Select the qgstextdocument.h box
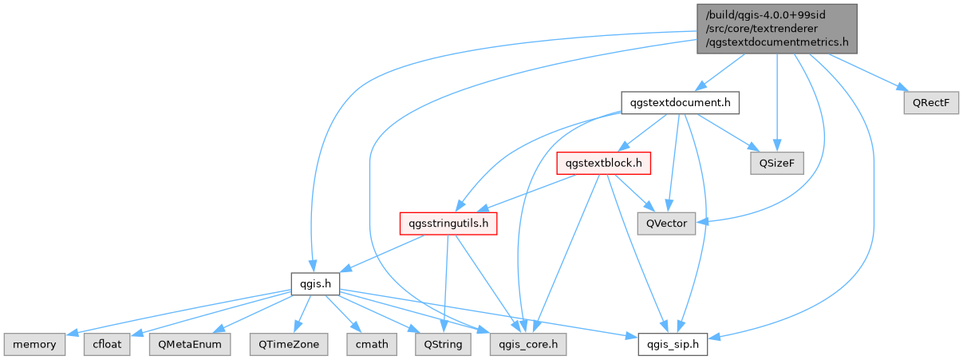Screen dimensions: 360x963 pos(681,103)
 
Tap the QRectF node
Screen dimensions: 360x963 pos(930,103)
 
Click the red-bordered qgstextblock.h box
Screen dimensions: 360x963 pos(604,163)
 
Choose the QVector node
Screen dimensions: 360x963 pos(667,224)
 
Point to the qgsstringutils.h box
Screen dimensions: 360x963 pos(448,224)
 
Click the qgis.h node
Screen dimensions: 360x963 pos(316,283)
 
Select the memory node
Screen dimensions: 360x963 pos(34,344)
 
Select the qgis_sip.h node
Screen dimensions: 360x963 pos(673,344)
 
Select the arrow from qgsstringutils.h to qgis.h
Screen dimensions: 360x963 pos(383,253)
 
